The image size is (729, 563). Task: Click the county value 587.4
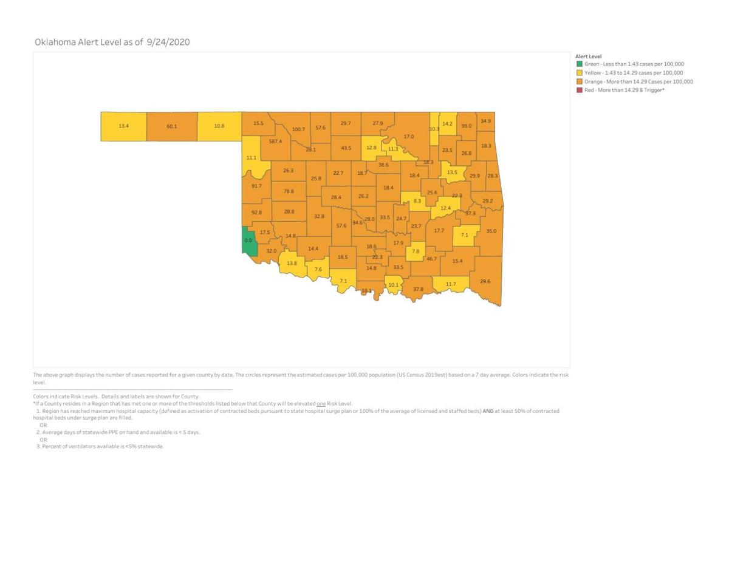(275, 142)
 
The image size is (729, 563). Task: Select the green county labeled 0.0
(248, 241)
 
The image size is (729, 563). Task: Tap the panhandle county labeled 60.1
(171, 126)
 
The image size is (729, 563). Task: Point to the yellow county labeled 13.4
(123, 126)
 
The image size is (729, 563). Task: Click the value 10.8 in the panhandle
(219, 126)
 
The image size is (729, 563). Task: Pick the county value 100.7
(298, 129)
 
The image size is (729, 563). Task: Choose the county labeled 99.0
(467, 126)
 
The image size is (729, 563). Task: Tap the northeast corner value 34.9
(485, 121)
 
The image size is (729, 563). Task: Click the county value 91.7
(256, 186)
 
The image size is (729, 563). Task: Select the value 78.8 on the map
(289, 191)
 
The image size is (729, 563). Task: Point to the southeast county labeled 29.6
(485, 281)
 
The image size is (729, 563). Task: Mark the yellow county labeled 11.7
(451, 284)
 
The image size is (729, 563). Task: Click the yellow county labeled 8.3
(417, 201)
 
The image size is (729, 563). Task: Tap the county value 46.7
(431, 259)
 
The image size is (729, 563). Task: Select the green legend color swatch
(580, 64)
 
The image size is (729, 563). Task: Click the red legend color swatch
(580, 90)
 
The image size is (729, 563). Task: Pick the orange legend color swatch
(580, 81)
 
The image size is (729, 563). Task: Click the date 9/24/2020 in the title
(168, 43)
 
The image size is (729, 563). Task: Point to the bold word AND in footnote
(488, 411)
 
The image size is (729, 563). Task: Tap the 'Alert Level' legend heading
(588, 56)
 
